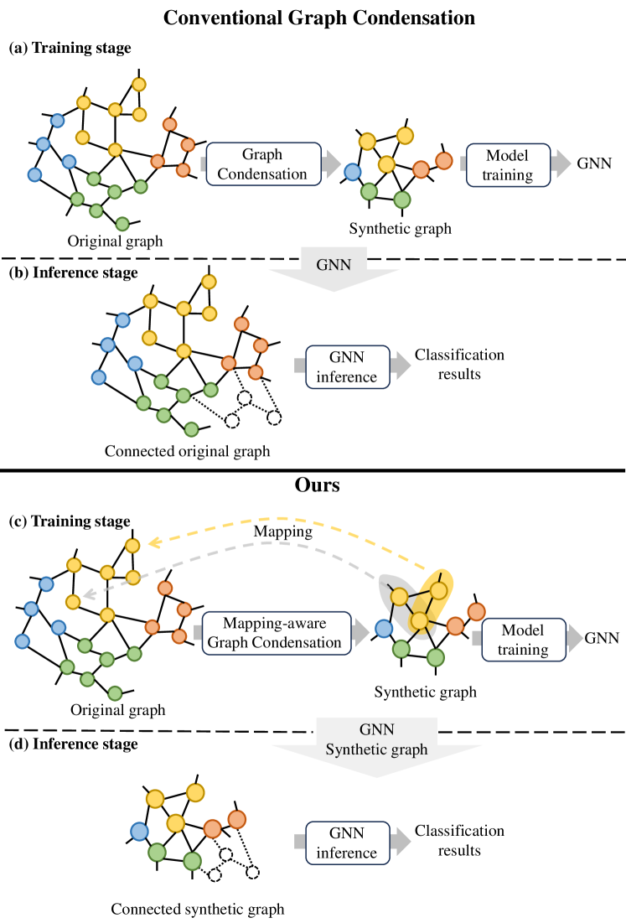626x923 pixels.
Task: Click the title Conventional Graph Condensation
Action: (x=313, y=17)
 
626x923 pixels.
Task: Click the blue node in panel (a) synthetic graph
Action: (x=353, y=172)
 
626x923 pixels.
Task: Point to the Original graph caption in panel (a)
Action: (x=116, y=241)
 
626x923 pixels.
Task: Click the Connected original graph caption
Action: (x=188, y=451)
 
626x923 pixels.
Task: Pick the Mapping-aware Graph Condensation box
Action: (x=273, y=633)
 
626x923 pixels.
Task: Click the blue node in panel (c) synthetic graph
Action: (x=384, y=628)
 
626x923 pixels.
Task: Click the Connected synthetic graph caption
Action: (x=197, y=909)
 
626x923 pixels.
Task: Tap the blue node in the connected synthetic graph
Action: (x=139, y=832)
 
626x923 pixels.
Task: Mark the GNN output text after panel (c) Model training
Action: (x=602, y=638)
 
